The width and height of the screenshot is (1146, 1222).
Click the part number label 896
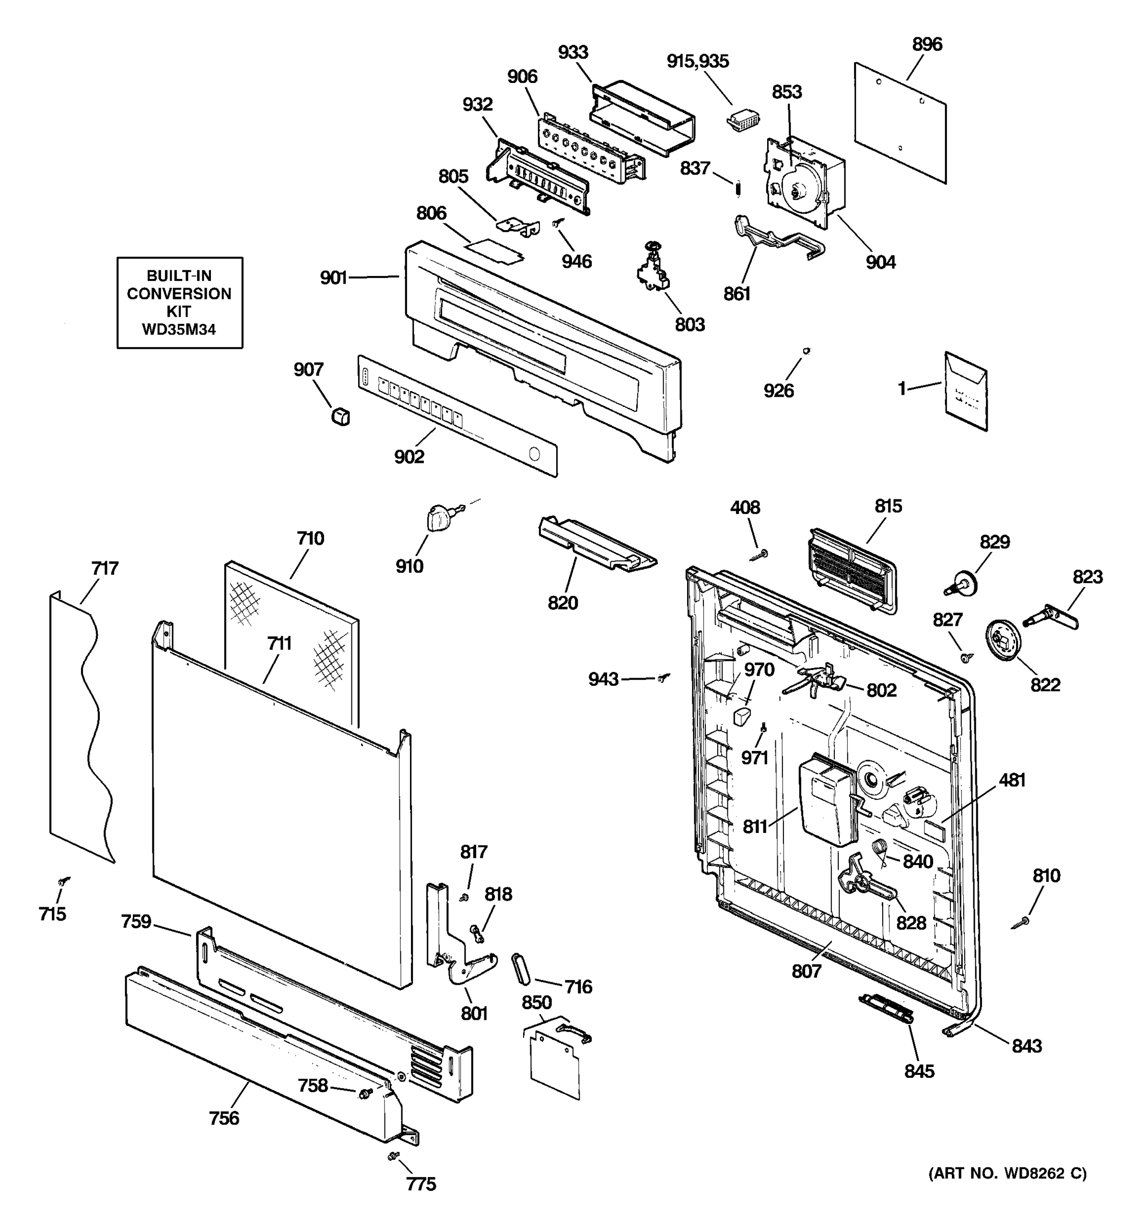coord(926,44)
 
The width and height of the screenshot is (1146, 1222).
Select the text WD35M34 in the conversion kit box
coord(179,330)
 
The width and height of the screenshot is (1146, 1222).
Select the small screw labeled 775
coord(391,1157)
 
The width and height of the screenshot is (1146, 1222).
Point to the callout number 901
coord(333,278)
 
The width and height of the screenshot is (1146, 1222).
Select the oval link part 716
coord(520,970)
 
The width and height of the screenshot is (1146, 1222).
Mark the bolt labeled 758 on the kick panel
coord(365,1091)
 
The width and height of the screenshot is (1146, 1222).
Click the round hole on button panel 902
coord(534,455)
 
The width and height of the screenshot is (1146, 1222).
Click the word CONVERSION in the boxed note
coord(179,294)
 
